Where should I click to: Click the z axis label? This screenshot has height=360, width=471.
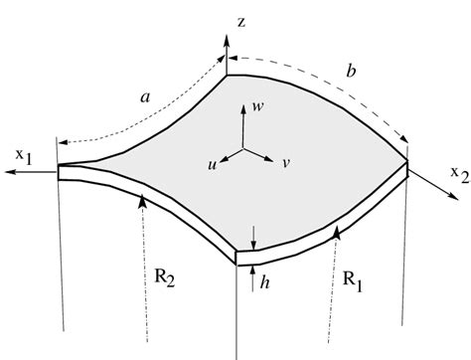coord(242,19)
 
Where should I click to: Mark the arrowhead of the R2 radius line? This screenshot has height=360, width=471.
coord(145,201)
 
